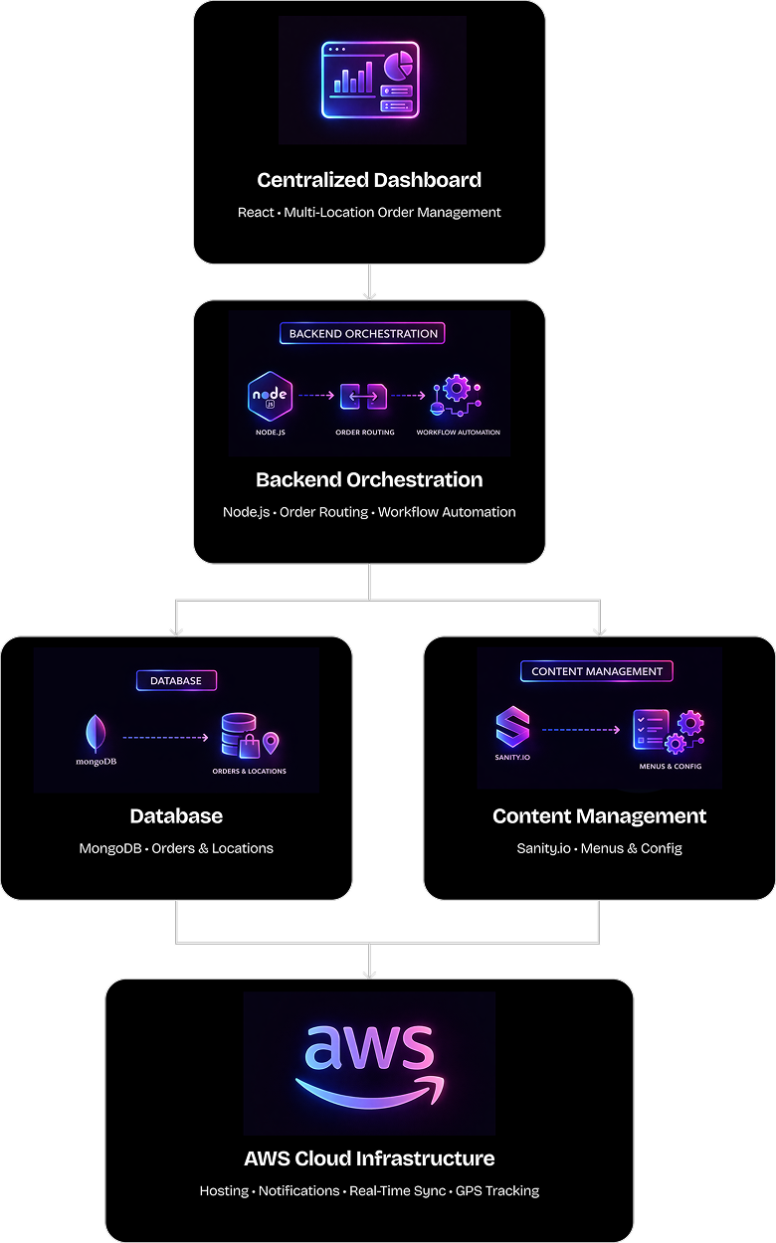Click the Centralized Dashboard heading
pos(369,180)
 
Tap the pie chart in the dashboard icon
pos(398,65)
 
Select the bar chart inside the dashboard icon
pos(353,79)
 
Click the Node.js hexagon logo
pos(270,396)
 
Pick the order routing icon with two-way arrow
pos(363,396)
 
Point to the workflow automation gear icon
pos(456,395)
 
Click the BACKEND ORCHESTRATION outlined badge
pos(362,333)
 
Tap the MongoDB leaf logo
pos(96,733)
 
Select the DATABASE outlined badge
pos(176,680)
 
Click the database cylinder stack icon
pos(239,734)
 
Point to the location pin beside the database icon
pos(271,743)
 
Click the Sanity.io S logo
pos(512,726)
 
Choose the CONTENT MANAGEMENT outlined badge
pos(597,671)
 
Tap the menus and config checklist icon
pos(651,729)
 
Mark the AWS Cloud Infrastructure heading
pos(369,1158)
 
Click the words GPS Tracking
pos(497,1191)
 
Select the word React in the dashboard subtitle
pos(256,213)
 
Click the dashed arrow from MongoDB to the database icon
pos(165,738)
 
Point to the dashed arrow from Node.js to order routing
pos(316,395)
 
